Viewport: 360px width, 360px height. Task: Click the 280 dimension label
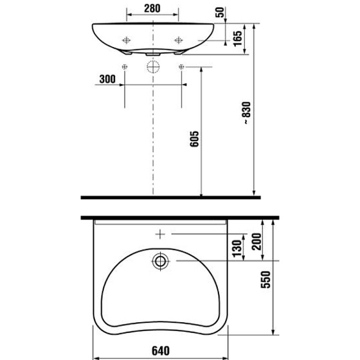pyautogui.click(x=152, y=9)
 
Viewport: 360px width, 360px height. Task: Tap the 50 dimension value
pyautogui.click(x=220, y=12)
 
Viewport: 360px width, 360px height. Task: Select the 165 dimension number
pyautogui.click(x=238, y=38)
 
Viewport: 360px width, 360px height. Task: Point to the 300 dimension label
pyautogui.click(x=107, y=79)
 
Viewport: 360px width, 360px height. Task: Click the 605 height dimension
pyautogui.click(x=194, y=139)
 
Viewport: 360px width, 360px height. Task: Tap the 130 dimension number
pyautogui.click(x=237, y=248)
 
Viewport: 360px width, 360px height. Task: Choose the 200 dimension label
pyautogui.click(x=257, y=241)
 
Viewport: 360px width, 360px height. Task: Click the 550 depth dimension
pyautogui.click(x=266, y=279)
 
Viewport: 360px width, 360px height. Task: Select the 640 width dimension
pyautogui.click(x=161, y=351)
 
